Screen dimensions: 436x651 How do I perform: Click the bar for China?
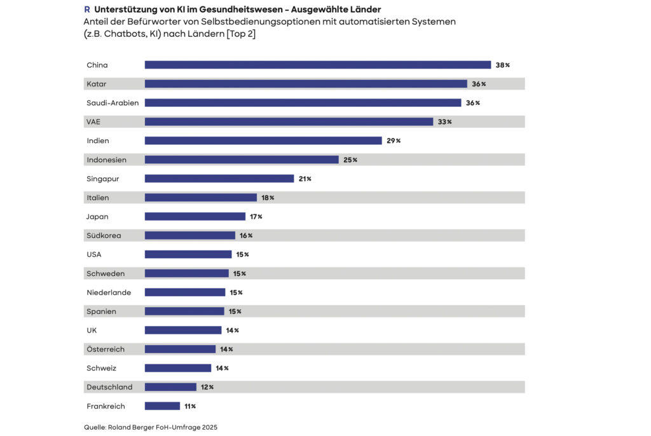point(318,65)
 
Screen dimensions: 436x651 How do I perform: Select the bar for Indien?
point(263,140)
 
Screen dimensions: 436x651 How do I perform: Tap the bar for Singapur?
point(219,179)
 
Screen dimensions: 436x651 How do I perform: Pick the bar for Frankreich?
point(162,406)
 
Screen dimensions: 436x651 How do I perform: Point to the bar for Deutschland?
point(170,387)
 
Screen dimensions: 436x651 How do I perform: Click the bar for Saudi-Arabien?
point(303,103)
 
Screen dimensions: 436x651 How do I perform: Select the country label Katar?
point(96,84)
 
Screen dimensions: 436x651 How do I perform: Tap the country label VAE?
point(94,121)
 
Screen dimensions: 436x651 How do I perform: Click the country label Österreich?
point(106,350)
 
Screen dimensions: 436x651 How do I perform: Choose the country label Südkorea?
point(104,236)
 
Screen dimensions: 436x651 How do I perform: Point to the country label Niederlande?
point(109,292)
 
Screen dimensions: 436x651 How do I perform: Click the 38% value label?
point(503,65)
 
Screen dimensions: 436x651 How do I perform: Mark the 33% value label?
point(444,122)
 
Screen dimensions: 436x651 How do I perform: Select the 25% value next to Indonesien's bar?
point(350,160)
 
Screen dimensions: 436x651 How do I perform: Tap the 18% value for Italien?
point(268,198)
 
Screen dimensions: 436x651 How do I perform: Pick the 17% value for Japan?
point(256,217)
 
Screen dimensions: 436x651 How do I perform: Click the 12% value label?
point(207,387)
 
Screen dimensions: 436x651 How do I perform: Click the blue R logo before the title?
point(87,10)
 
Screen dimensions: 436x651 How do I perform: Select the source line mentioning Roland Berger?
point(151,427)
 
